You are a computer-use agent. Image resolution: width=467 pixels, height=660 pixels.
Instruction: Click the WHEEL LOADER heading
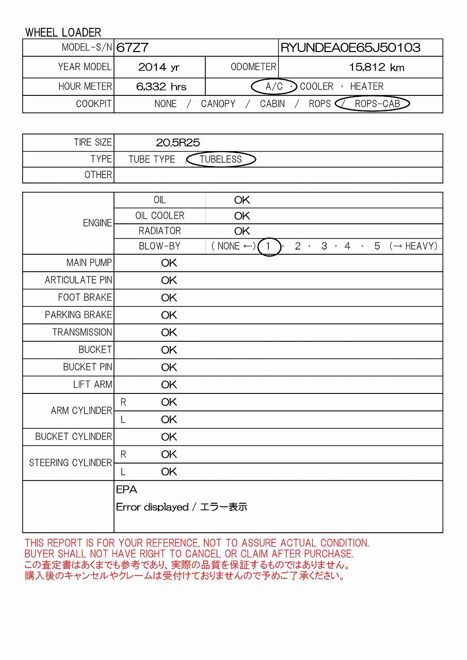[63, 32]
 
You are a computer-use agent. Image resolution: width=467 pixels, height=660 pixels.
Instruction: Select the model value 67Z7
[133, 48]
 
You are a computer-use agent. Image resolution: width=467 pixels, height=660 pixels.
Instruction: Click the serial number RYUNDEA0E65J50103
[350, 48]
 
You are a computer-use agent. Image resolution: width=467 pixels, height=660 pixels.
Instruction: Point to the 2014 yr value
[159, 67]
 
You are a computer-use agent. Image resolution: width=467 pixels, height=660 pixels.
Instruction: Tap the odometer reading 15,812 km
[377, 67]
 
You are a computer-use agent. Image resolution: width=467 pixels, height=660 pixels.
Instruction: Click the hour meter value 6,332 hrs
[162, 87]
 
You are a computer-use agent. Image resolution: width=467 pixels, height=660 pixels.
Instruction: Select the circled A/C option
[273, 87]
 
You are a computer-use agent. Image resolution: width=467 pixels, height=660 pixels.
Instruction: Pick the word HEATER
[367, 87]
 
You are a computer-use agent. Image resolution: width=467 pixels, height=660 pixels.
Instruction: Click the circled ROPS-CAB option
[377, 104]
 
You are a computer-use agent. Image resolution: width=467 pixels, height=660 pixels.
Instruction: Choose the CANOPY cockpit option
[218, 104]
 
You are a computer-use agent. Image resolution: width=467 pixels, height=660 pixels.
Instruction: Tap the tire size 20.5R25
[178, 143]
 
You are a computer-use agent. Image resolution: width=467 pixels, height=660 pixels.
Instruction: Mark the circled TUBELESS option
[221, 159]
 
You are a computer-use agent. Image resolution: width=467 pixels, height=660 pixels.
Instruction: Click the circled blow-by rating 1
[268, 246]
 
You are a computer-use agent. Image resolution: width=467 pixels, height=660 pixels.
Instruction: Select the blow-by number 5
[377, 246]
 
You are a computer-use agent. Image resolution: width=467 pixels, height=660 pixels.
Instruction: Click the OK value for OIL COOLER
[242, 216]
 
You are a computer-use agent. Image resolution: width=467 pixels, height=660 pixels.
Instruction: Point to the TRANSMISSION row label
[82, 333]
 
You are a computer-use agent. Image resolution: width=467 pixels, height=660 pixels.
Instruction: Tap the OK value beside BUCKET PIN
[169, 367]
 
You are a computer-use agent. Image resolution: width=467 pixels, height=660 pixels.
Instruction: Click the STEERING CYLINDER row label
[71, 463]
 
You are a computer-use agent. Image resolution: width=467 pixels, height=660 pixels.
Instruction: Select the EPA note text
[126, 490]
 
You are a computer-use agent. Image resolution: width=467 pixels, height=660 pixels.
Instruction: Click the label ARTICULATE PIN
[78, 280]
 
